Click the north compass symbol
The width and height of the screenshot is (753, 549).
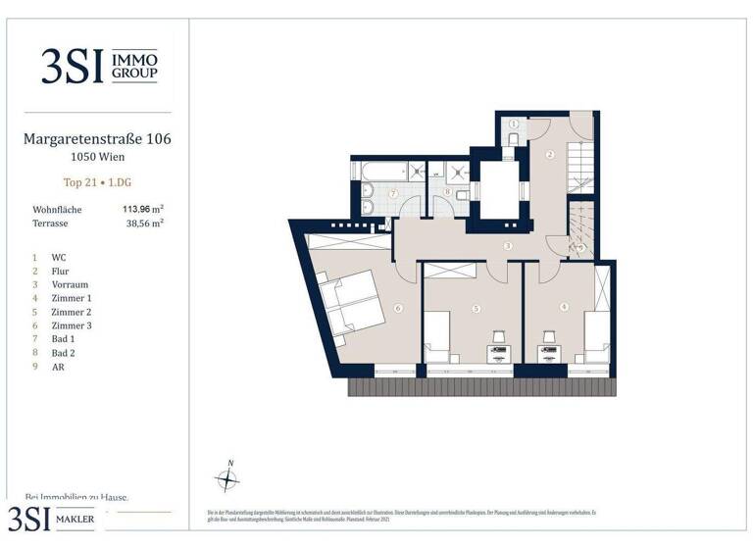pyautogui.click(x=227, y=479)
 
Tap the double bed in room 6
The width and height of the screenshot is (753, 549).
pyautogui.click(x=347, y=303)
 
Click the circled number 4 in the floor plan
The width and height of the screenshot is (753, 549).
pyautogui.click(x=564, y=307)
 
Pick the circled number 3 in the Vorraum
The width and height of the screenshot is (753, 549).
pyautogui.click(x=508, y=246)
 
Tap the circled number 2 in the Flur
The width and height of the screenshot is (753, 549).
pyautogui.click(x=550, y=155)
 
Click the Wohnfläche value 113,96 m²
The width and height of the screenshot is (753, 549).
pyautogui.click(x=142, y=209)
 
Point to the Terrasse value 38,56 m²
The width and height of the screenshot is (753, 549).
pyautogui.click(x=142, y=224)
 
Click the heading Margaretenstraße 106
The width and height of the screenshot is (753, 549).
pyautogui.click(x=97, y=139)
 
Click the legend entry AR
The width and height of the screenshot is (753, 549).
pyautogui.click(x=58, y=367)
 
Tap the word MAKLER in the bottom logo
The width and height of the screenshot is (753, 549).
pyautogui.click(x=78, y=520)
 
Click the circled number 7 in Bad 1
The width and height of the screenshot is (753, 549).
pyautogui.click(x=393, y=194)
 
